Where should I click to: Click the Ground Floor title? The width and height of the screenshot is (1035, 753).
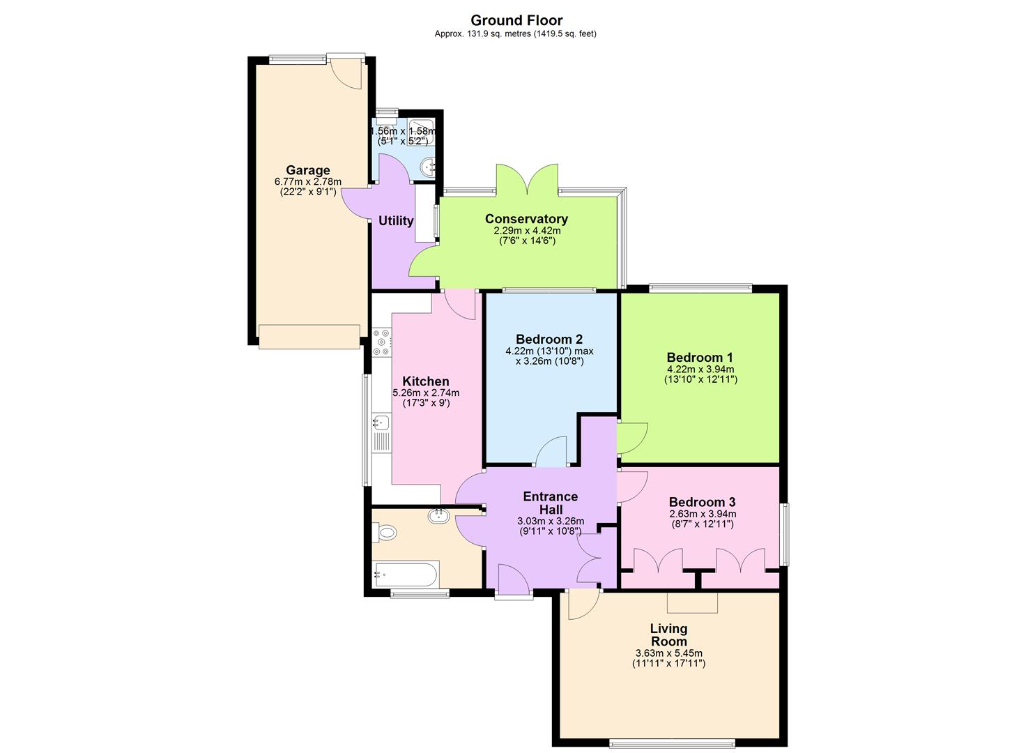(x=516, y=20)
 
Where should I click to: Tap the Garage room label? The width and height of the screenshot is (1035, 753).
(x=308, y=170)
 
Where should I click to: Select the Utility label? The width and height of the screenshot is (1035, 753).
(x=396, y=221)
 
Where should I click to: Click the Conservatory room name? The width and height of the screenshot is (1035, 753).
(x=526, y=219)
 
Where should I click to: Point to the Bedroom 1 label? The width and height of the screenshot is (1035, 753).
(x=700, y=357)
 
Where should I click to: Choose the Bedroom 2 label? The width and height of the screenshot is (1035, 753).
(x=549, y=340)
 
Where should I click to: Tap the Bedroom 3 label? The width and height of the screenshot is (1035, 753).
(x=702, y=502)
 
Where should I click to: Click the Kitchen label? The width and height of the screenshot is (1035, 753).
(x=426, y=381)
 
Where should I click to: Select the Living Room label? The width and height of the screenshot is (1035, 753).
(x=668, y=634)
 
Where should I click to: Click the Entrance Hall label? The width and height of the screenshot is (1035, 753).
(x=551, y=503)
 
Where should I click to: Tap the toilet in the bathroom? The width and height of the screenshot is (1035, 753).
(x=385, y=533)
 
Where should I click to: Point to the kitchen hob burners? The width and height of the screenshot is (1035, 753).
(x=382, y=342)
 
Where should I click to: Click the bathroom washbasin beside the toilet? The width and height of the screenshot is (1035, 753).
(x=438, y=515)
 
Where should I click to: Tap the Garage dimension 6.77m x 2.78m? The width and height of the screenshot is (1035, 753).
(x=308, y=182)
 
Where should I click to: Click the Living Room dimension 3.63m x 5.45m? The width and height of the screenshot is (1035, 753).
(x=668, y=653)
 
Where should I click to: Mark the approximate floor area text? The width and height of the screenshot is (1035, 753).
(x=515, y=33)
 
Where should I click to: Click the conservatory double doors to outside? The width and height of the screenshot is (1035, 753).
(x=527, y=181)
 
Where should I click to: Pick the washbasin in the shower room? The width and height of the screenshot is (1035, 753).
(x=429, y=166)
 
